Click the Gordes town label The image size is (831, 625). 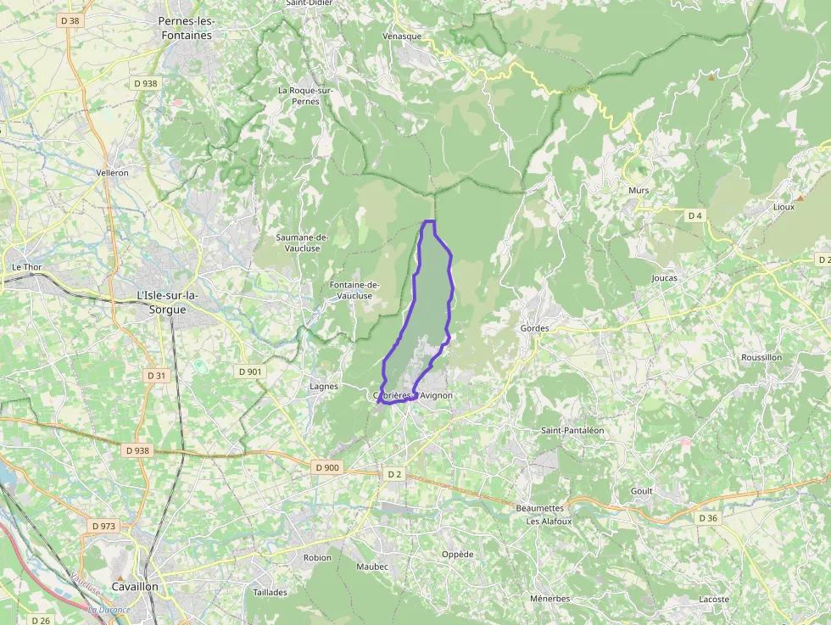[534, 328]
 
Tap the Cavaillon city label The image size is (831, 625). [137, 586]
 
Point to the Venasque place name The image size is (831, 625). [401, 36]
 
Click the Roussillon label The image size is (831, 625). [761, 358]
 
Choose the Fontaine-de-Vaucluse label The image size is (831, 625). [354, 290]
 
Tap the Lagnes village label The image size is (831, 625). [324, 387]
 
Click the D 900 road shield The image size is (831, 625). [326, 467]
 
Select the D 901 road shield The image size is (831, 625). [250, 371]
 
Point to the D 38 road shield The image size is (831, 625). [70, 20]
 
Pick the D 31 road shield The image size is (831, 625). [156, 375]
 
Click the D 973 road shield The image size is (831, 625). [103, 526]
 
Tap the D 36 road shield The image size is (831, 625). [708, 517]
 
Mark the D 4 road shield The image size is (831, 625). [694, 215]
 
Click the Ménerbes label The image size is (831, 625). [549, 599]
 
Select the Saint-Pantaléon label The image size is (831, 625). [572, 431]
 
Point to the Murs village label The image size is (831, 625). [639, 191]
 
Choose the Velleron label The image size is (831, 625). [113, 172]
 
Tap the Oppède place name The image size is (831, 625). [457, 555]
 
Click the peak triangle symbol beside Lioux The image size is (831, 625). [799, 198]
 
